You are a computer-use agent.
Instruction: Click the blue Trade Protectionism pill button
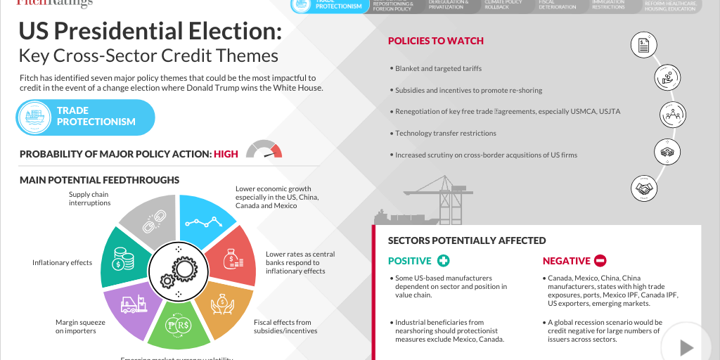(85, 117)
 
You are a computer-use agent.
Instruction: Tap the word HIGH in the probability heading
(226, 154)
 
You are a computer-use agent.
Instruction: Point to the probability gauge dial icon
(264, 150)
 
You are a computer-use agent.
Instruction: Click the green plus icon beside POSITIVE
(443, 261)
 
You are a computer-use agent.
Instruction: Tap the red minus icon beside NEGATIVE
(600, 261)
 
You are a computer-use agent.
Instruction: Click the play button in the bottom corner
(686, 347)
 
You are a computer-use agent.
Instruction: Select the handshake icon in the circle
(645, 188)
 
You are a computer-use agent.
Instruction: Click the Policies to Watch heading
(436, 41)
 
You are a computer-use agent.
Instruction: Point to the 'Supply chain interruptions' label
(89, 198)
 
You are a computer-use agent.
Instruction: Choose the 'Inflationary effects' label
(62, 263)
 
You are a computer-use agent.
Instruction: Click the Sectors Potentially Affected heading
(467, 240)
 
